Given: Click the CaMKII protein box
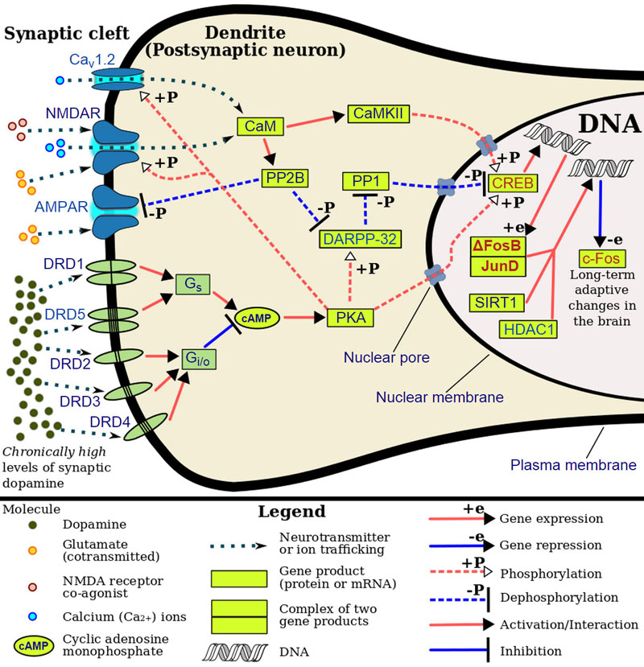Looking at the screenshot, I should click(379, 116).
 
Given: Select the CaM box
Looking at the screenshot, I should click(251, 126).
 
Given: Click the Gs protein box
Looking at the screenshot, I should click(190, 284).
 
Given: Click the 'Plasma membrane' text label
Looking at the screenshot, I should click(574, 464).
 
